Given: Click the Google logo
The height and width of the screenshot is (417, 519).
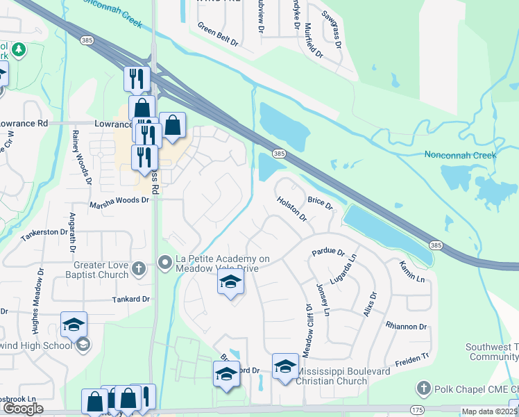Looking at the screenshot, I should pos(23,409).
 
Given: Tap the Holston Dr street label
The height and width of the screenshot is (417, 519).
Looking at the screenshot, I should pos(291,208).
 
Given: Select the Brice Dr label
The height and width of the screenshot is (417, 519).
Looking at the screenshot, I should pos(320,203).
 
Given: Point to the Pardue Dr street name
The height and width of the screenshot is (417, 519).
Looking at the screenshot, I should pos(328,252).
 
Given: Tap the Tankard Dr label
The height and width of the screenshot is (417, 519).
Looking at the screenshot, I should pos(131,299).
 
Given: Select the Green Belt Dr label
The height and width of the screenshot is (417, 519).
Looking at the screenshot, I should pos(217,35).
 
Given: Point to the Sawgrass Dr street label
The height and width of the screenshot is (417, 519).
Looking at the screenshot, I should pos(332,28).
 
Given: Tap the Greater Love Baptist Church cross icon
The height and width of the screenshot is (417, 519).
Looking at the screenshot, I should pos(138,268).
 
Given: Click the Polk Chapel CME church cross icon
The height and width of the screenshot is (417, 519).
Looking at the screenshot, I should pos(423,386).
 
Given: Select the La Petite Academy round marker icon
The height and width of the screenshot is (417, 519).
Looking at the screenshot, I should pos(165,262).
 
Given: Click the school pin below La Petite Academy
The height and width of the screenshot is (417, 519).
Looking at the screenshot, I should pos(231,282).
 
